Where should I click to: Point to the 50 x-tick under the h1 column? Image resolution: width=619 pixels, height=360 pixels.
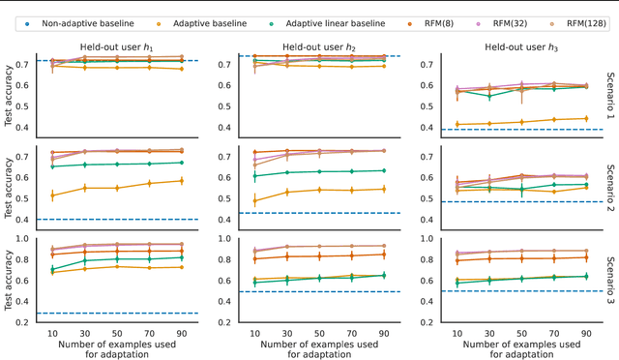[x=116, y=331]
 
